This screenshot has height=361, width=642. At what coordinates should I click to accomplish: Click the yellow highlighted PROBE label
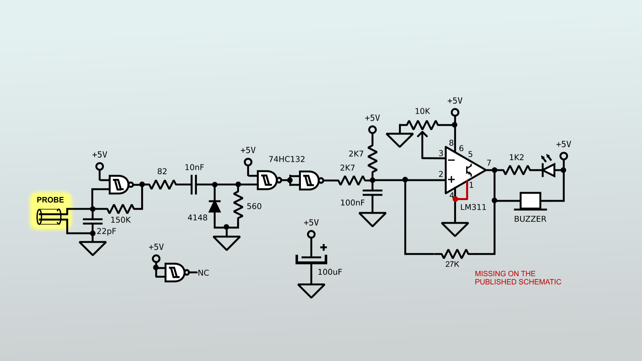point(50,200)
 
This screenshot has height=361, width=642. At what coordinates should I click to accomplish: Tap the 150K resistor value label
point(120,220)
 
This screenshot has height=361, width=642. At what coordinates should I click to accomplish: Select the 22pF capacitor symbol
point(93,221)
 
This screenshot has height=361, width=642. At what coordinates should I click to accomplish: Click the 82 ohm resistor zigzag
point(162,184)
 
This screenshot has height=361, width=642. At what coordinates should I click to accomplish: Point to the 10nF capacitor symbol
point(194,184)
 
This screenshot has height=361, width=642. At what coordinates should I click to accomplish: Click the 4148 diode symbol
point(215,206)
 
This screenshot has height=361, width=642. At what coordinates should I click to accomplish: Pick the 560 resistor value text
point(254,206)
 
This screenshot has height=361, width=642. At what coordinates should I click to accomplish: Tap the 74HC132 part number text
point(287,159)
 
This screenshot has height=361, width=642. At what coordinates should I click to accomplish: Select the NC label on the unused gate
point(203,273)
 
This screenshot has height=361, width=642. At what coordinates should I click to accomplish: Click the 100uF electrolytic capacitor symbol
point(311,259)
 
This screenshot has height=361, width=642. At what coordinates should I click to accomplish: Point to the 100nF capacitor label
point(352,203)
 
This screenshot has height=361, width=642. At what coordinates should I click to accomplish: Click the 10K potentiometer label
point(422,111)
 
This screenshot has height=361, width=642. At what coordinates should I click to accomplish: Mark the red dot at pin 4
point(455,199)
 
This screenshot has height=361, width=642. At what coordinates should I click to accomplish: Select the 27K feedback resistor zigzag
point(454,254)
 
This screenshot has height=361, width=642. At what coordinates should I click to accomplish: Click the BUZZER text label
point(530,219)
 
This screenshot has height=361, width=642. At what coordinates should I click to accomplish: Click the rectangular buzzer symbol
point(530,201)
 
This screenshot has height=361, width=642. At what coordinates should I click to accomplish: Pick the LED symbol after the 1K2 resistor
point(549,170)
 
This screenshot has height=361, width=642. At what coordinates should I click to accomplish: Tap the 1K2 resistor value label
point(516,158)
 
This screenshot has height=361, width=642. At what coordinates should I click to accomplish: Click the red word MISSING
point(490,274)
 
